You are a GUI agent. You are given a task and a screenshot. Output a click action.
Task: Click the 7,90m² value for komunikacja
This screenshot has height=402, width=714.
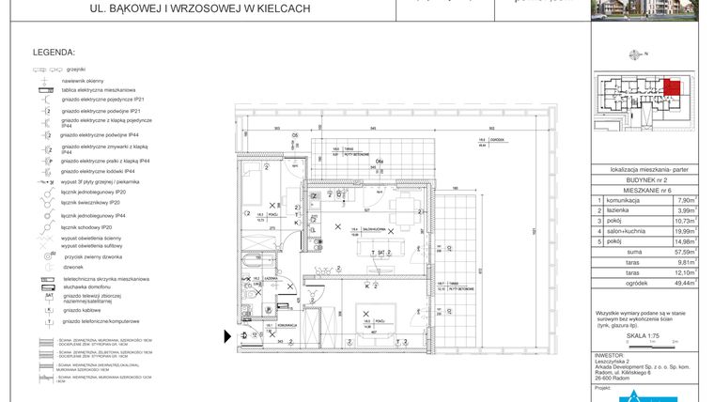pos(686,199)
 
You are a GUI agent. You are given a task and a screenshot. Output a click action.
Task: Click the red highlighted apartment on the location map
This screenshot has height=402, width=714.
pos(671,89)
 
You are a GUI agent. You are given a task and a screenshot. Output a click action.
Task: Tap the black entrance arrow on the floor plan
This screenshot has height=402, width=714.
pos(225,333)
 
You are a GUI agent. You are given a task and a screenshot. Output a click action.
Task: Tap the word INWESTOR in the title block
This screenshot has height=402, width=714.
pos(612,355)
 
